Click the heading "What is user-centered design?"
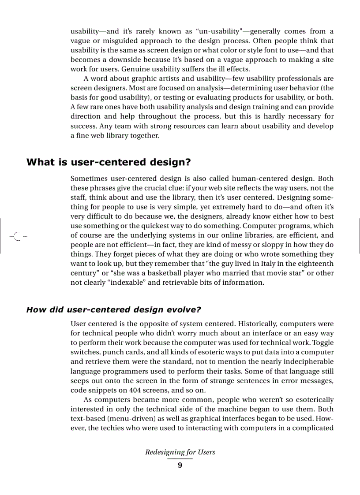point(109,162)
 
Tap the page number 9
point(180,465)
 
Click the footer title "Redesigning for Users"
point(180,452)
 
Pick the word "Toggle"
point(322,343)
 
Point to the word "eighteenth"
point(315,264)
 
